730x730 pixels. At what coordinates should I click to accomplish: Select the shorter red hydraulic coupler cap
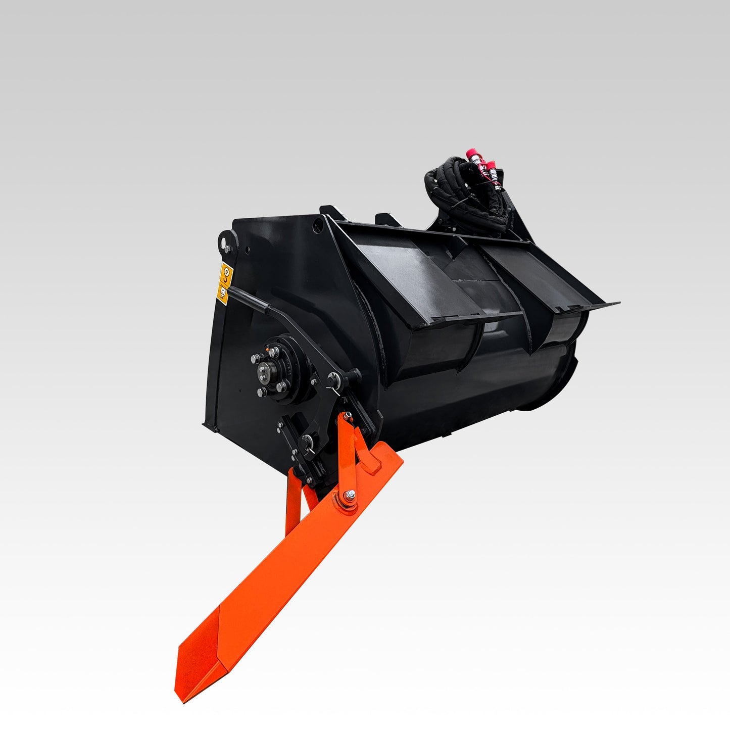point(491,166)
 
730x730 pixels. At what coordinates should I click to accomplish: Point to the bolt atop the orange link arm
point(347,416)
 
